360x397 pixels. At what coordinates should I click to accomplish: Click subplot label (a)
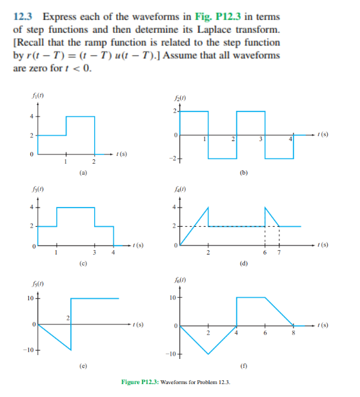click(x=82, y=172)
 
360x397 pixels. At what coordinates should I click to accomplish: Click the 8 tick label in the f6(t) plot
click(x=293, y=333)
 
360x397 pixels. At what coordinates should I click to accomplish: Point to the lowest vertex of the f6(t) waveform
click(x=208, y=353)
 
